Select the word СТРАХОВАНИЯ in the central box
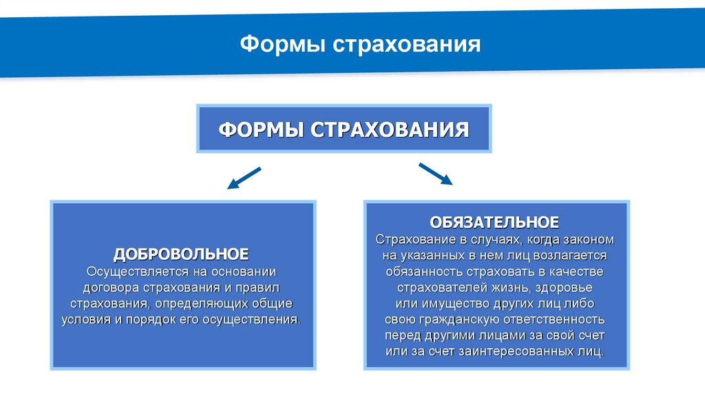pyautogui.click(x=391, y=129)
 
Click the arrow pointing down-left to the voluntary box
pyautogui.click(x=244, y=177)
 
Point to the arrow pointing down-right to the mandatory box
pyautogui.click(x=435, y=173)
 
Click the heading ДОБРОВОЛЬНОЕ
pyautogui.click(x=182, y=254)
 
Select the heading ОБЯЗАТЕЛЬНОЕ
pyautogui.click(x=494, y=222)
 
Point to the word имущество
pyautogui.click(x=448, y=303)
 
